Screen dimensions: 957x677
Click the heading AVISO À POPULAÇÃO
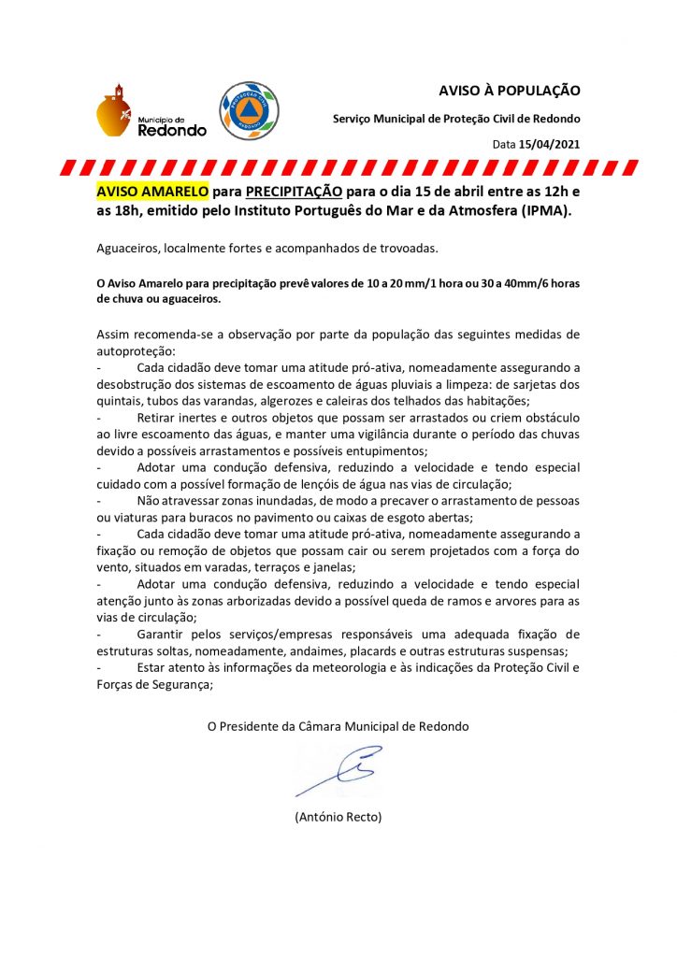pyautogui.click(x=510, y=91)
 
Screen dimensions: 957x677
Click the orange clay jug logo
pyautogui.click(x=113, y=111)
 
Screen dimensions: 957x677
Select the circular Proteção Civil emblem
pyautogui.click(x=249, y=110)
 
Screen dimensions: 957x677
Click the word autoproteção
pyautogui.click(x=127, y=350)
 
